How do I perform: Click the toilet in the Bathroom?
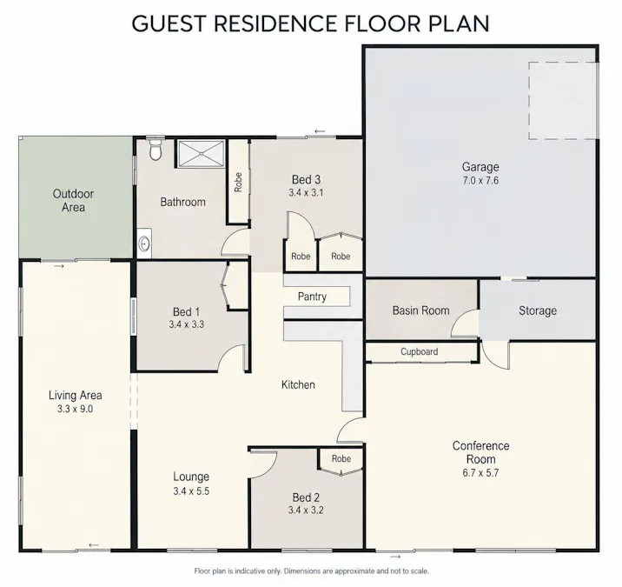pos(155,150)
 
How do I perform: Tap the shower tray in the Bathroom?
pos(201,153)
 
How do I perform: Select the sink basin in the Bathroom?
pos(144,243)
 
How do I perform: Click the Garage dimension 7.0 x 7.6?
pos(480,180)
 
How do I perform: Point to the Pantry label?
pos(312,297)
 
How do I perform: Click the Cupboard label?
pos(420,351)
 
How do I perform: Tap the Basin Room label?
pos(420,310)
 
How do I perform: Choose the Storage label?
pos(538,310)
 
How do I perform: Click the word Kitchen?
pos(298,384)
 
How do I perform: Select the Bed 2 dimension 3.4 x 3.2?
pos(306,510)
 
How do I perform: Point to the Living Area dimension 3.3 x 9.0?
pos(75,409)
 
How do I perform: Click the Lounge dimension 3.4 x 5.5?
pos(191,490)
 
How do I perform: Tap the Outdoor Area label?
pos(73,200)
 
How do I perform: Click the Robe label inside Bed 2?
pos(341,458)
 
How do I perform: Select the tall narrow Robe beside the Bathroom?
pos(238,182)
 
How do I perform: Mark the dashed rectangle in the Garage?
pos(563,101)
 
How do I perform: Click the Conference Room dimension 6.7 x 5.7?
pos(480,472)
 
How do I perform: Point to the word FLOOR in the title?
pos(382,23)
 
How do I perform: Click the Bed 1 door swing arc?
pos(230,353)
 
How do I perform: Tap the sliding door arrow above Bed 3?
pos(320,131)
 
